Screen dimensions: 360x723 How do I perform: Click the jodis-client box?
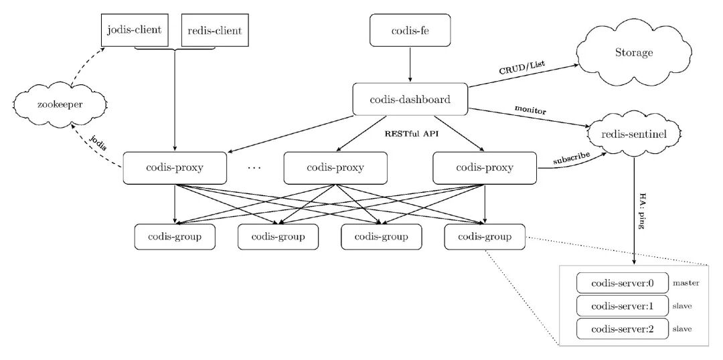click(x=134, y=30)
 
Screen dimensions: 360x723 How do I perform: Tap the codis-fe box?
click(x=410, y=30)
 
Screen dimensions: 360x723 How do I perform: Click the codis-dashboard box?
click(x=410, y=100)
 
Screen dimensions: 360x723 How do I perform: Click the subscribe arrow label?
click(x=571, y=159)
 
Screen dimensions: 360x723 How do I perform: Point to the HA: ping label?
click(x=641, y=214)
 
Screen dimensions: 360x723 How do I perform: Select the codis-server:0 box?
click(x=622, y=282)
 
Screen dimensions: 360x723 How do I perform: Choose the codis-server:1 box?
click(x=622, y=306)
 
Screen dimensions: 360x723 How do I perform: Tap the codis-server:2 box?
click(x=622, y=329)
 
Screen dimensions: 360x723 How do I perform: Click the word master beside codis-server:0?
click(x=686, y=283)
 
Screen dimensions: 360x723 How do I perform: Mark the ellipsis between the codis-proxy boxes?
click(x=254, y=168)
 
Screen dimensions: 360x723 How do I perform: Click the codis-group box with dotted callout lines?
click(x=484, y=236)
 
